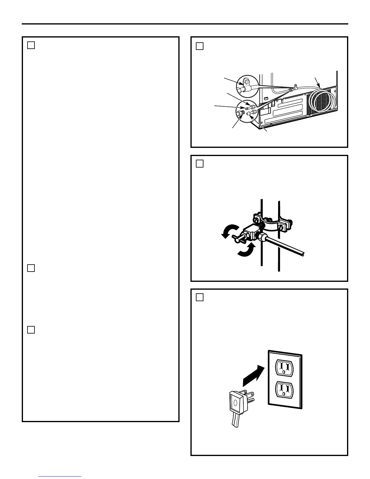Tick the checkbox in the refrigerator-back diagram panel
point(200,46)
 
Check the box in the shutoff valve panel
point(200,164)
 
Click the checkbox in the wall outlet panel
point(200,297)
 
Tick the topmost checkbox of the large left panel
point(31,45)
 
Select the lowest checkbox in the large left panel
point(31,330)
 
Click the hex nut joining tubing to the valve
point(262,237)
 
